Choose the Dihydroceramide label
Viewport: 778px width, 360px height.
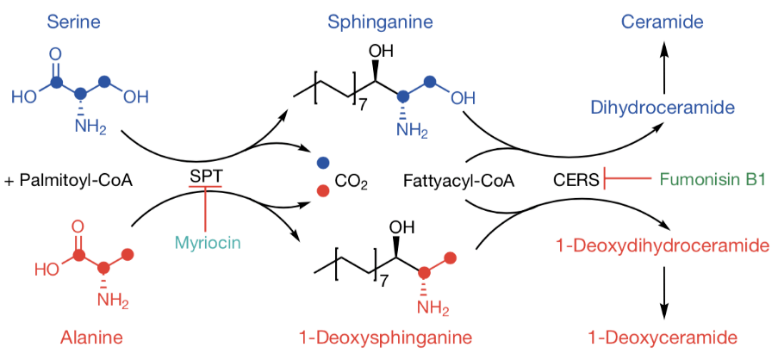click(x=663, y=108)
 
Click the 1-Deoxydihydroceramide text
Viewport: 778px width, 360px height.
click(x=662, y=246)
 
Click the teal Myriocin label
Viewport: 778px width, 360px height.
click(x=206, y=242)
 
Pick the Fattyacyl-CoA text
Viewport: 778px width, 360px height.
click(x=445, y=182)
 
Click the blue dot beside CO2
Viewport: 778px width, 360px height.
click(x=322, y=162)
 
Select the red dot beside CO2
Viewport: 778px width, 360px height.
click(x=322, y=189)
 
